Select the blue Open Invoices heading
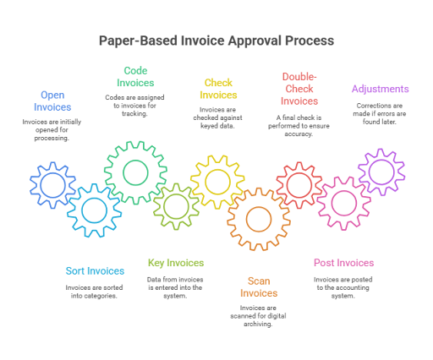(52, 101)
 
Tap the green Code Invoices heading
(135, 77)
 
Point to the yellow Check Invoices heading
(218, 89)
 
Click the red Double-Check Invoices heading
(299, 89)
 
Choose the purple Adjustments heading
(380, 89)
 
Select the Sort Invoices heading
(95, 271)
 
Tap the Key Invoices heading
(176, 263)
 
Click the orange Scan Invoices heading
(259, 287)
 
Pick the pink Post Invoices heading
(344, 263)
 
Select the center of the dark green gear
(135, 172)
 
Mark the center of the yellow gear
(217, 182)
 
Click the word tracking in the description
(134, 114)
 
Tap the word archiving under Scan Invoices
(258, 325)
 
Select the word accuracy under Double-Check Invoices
(299, 134)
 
